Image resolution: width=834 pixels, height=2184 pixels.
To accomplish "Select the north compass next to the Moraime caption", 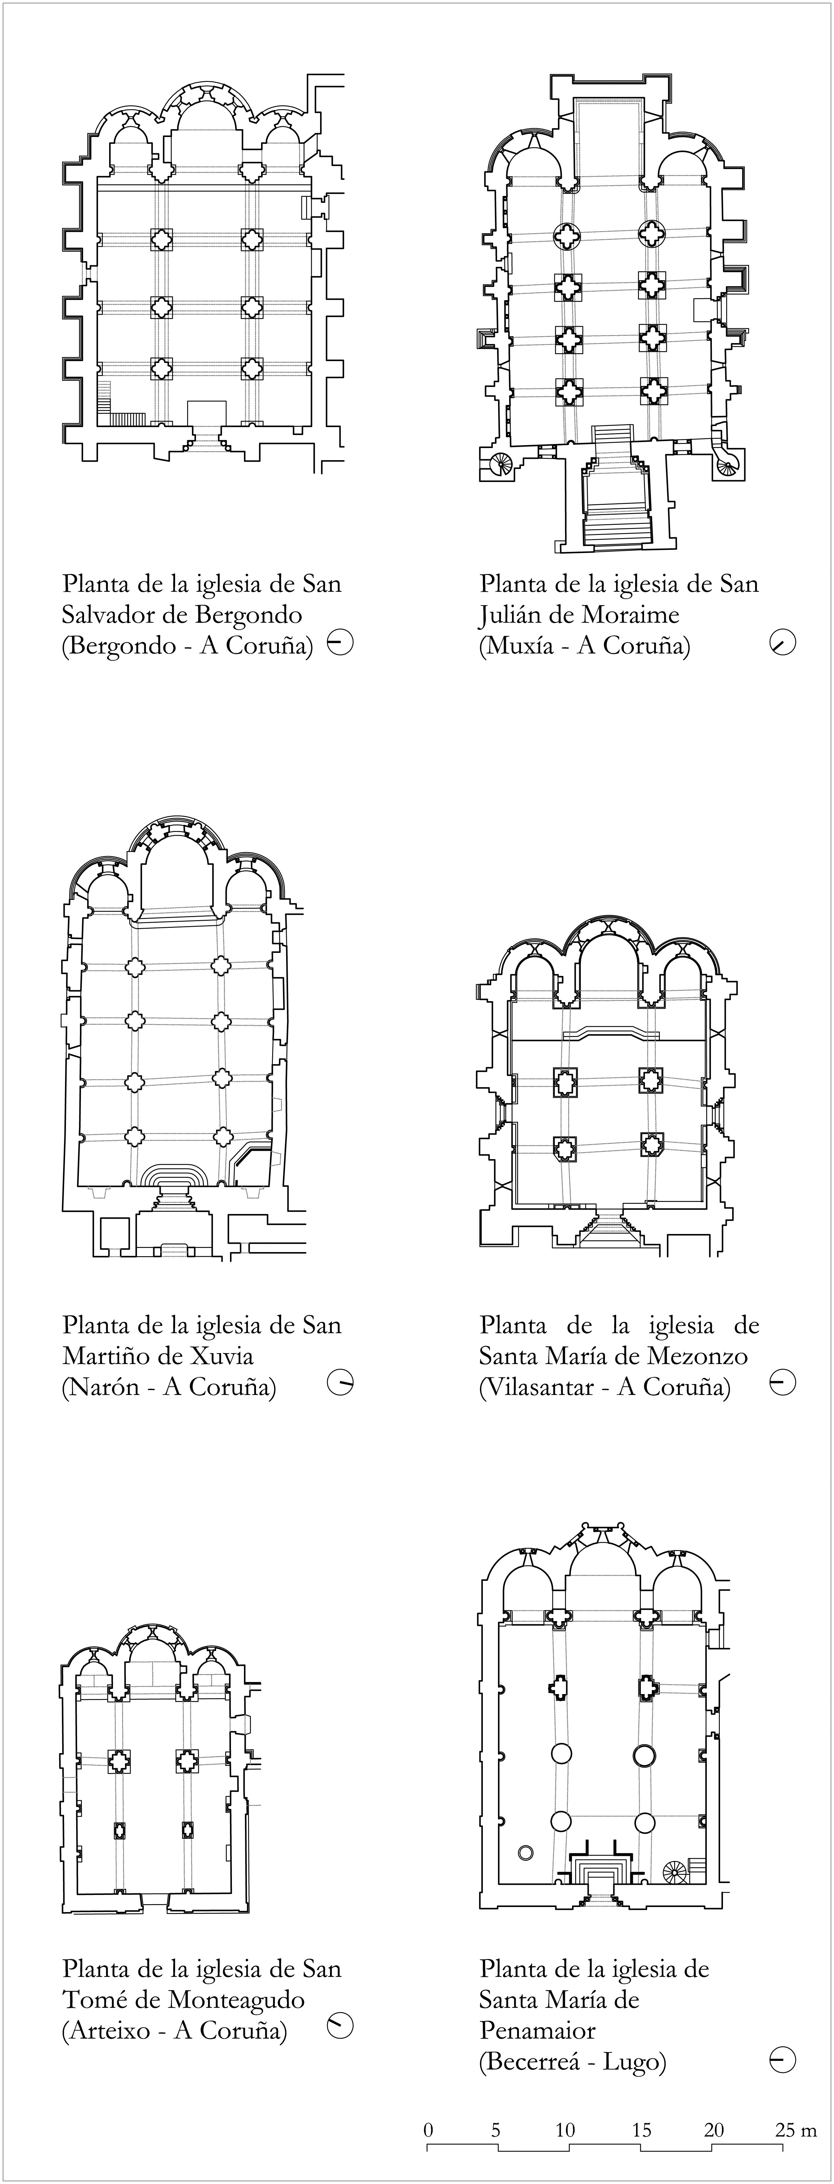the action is point(783,643).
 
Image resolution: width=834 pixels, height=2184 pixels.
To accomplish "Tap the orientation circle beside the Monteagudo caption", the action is point(340,2027).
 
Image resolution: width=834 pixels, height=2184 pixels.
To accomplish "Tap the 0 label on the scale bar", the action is point(429,2130).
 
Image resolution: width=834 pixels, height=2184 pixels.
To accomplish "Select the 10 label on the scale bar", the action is point(565,2130).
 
